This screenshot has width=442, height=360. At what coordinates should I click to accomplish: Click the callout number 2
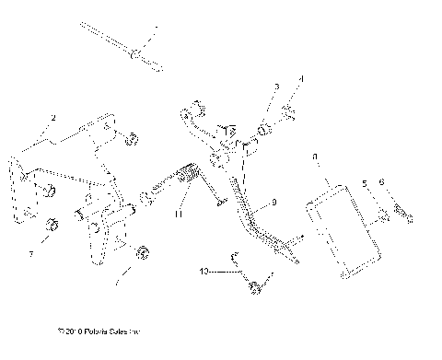pos(54,119)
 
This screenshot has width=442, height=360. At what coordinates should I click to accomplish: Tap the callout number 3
pos(275,87)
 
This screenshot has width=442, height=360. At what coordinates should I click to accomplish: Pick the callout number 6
pos(382,182)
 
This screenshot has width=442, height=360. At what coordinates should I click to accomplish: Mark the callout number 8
pos(316,157)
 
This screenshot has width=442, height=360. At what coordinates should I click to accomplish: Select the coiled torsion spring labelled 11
pos(188,176)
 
